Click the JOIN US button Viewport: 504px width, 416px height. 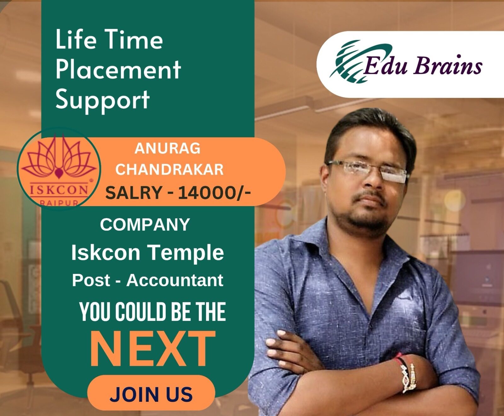tap(151, 394)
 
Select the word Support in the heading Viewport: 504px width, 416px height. tap(102, 99)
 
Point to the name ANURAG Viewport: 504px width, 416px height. tap(167, 148)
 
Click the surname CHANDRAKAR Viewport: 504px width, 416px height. tap(169, 170)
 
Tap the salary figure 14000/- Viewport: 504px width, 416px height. tap(214, 193)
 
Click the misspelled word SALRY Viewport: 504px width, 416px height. tap(134, 193)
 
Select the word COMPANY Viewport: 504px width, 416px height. tap(145, 225)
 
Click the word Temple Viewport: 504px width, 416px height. tap(186, 253)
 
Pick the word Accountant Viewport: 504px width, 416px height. tap(175, 280)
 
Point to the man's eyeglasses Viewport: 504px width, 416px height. tap(367, 170)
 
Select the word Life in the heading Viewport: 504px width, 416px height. tap(74, 40)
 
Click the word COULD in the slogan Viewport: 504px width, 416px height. tap(140, 312)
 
